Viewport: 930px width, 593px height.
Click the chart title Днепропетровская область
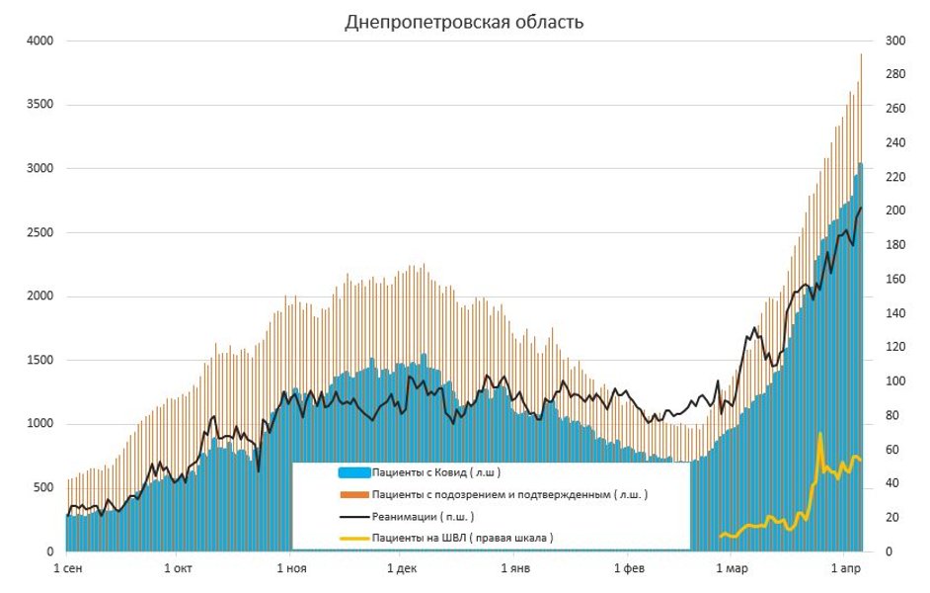point(464,22)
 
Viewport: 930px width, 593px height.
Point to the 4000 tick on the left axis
point(39,42)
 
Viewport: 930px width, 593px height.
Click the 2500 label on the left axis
point(39,233)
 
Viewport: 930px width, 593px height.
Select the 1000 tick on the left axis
point(39,424)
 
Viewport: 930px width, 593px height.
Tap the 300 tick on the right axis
point(895,42)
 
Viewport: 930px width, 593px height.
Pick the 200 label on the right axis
point(895,212)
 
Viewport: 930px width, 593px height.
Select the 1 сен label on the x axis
point(66,569)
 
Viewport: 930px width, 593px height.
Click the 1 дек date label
point(402,569)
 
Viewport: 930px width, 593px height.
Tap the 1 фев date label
point(629,569)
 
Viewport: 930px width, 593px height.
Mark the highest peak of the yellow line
point(819,434)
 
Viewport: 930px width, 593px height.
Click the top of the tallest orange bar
point(861,54)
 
